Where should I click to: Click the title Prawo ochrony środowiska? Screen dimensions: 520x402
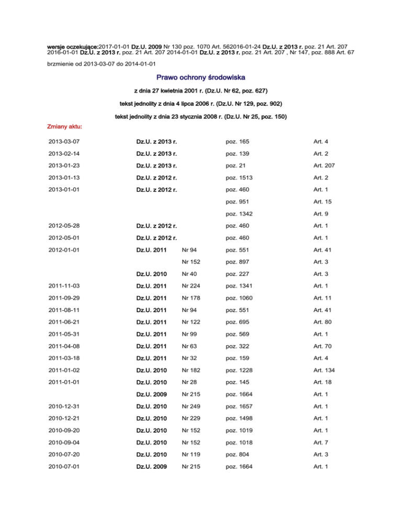click(x=201, y=77)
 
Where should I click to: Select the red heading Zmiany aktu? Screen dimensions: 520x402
click(x=61, y=127)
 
